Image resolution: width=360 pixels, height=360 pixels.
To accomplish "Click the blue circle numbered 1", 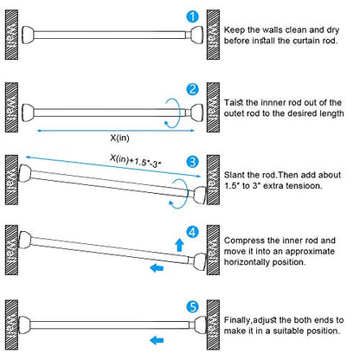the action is point(192,16).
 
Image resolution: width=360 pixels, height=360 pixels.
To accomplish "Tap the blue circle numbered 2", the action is point(192,89).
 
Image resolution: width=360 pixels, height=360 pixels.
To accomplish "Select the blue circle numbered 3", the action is point(192,162).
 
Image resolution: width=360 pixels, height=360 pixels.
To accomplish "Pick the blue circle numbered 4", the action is point(192,232).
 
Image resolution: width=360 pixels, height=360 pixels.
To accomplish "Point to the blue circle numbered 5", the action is point(192,307).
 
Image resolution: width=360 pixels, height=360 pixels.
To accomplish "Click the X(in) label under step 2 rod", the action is point(119,138).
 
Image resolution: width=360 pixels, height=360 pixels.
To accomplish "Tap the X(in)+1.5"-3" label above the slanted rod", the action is point(135,161).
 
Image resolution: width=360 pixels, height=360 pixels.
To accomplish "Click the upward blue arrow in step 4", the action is point(180,245).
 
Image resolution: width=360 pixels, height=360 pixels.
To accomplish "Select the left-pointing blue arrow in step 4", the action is point(157,268).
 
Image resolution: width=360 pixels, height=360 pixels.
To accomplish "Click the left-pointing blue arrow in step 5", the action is point(157,340).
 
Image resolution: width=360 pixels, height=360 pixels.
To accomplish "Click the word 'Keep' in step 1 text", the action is point(234,30).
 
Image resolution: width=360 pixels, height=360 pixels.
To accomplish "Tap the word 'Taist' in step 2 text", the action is point(234,103).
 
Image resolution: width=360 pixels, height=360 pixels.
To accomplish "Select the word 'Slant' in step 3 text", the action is point(234,175).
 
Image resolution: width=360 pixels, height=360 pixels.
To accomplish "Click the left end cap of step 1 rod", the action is point(28,35).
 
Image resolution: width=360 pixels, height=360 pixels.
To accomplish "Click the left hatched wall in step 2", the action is point(11,107).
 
